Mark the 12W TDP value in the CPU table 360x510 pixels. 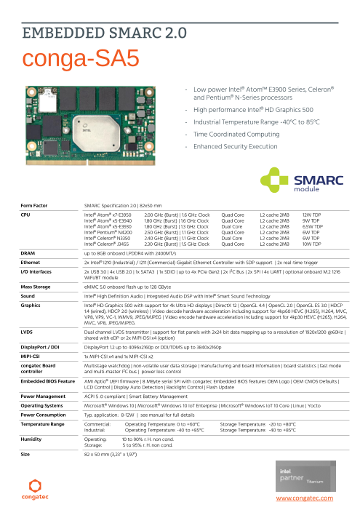pyautogui.click(x=311, y=215)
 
